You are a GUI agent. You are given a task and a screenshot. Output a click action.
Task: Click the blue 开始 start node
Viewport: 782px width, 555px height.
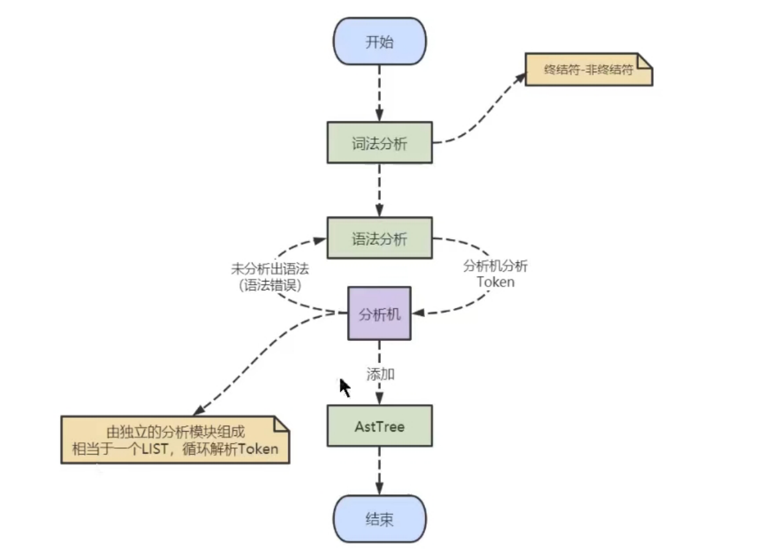click(x=380, y=41)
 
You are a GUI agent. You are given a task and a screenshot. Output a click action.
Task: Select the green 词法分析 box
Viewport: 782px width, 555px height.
click(x=380, y=142)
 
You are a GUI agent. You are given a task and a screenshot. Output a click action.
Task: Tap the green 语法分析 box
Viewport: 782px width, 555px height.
click(x=380, y=238)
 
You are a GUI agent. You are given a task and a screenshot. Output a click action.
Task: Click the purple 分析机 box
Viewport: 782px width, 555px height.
click(x=380, y=313)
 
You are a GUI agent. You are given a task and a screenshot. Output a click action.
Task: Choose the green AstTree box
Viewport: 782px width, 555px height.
click(x=380, y=426)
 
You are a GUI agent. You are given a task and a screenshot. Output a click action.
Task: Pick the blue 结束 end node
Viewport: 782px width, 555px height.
click(x=380, y=519)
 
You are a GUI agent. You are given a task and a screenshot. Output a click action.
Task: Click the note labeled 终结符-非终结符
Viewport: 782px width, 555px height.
click(x=589, y=69)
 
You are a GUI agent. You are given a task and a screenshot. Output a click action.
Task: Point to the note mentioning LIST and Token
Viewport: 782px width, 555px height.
click(x=175, y=440)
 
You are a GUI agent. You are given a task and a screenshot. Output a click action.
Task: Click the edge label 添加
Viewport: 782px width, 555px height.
click(x=380, y=374)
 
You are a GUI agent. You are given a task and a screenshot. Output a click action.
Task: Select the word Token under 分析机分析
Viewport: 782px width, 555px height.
click(x=496, y=282)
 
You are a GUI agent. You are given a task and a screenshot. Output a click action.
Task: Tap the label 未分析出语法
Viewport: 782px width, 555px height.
click(x=270, y=269)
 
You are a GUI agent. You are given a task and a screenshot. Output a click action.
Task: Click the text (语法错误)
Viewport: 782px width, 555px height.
click(x=270, y=285)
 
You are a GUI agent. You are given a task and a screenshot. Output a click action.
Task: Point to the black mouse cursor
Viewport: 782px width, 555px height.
click(x=345, y=388)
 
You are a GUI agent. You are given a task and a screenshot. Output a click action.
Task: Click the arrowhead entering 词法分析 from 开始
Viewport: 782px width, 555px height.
click(x=380, y=116)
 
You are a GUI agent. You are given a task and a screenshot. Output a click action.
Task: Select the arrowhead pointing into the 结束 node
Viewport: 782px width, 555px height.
click(x=380, y=489)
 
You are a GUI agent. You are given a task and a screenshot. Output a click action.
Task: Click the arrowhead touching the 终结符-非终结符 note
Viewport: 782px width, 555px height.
click(x=521, y=78)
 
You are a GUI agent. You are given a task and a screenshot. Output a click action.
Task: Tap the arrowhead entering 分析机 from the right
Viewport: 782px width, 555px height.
click(x=418, y=312)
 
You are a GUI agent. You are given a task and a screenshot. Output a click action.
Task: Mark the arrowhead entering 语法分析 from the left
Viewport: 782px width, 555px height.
click(x=320, y=240)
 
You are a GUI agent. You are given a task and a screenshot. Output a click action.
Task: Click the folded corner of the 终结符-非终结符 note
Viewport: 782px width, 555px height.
click(x=645, y=61)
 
